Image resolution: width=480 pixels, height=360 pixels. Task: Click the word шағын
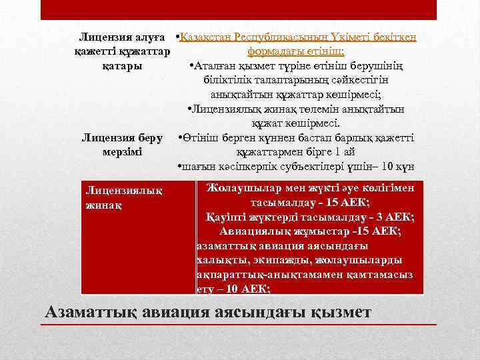click(x=197, y=167)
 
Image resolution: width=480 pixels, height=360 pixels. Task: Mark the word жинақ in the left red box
click(x=103, y=205)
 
